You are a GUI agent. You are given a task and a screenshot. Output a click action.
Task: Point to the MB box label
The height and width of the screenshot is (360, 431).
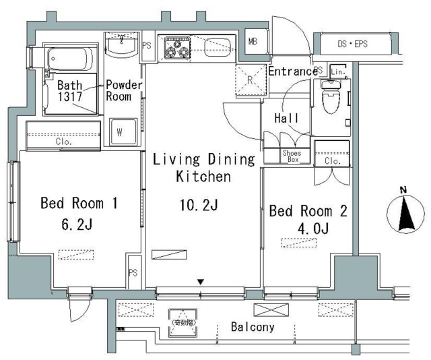tap(253, 42)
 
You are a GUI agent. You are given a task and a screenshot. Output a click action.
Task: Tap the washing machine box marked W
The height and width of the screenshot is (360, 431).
tap(119, 132)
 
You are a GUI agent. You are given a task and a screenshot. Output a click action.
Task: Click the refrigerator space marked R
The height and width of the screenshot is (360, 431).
tap(250, 80)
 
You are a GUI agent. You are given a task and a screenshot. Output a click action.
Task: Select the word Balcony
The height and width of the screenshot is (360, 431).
tap(253, 328)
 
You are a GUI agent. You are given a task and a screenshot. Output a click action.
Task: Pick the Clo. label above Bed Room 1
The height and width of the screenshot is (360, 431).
tap(65, 142)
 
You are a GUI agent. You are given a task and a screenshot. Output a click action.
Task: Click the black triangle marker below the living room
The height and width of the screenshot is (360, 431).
tap(200, 281)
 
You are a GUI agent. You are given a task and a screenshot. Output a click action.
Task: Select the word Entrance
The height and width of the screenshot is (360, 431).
tap(292, 71)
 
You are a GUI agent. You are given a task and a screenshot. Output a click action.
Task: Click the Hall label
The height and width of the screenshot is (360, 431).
tap(286, 118)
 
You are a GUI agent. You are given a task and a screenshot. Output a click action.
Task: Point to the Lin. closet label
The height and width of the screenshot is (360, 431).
tap(338, 71)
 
